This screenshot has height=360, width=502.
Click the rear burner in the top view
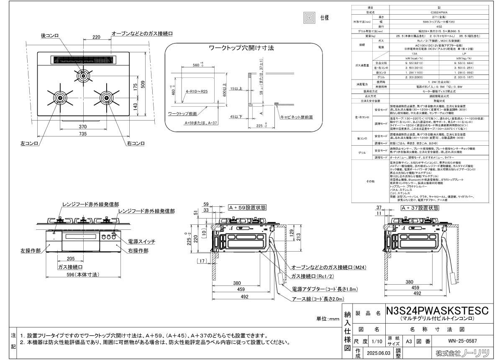[x=83, y=76]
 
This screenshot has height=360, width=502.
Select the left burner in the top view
[x=60, y=98]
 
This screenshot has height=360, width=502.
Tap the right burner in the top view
[x=106, y=98]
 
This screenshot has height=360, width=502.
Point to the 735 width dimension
[x=83, y=134]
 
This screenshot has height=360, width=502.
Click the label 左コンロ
[x=30, y=144]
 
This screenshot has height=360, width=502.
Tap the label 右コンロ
[x=136, y=144]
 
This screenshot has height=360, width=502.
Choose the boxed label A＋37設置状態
[x=420, y=208]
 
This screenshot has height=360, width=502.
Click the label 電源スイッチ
[x=143, y=242]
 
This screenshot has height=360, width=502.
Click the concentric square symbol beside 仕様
[x=310, y=18]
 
